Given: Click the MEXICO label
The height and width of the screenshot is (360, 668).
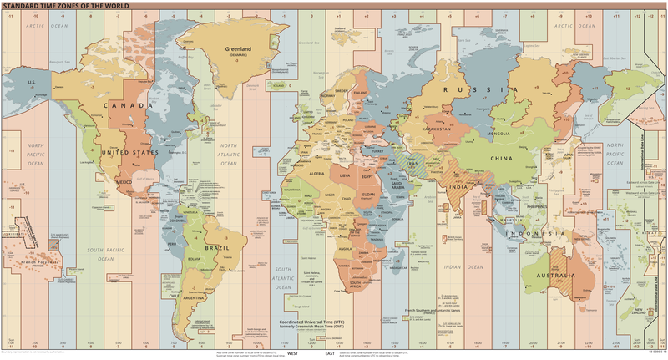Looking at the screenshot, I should coord(125,181).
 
